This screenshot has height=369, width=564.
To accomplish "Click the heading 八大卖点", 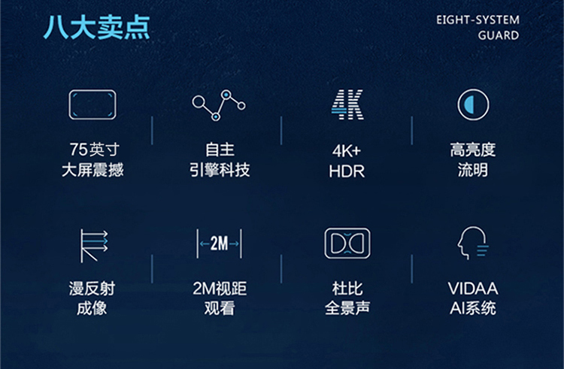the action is [x=96, y=27].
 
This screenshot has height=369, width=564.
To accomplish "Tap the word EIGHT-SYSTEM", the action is [x=478, y=20].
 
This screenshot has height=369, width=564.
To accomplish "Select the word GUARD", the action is [x=499, y=35].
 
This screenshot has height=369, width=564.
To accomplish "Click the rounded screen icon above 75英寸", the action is [x=92, y=104].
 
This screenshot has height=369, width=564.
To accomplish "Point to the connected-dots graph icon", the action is [x=218, y=105].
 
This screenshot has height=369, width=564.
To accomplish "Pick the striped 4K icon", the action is [x=347, y=104].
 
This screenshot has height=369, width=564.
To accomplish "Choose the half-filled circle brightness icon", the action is [x=473, y=104].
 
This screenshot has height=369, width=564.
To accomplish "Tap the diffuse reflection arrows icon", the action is [x=93, y=246].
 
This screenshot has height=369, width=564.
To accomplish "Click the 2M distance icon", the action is [x=219, y=243].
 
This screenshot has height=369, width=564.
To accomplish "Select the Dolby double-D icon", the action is [x=347, y=243].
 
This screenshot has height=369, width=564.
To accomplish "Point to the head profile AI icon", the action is [x=472, y=243].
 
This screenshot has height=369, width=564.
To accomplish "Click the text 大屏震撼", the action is [x=92, y=170].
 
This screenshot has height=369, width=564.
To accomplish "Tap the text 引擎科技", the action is [x=220, y=170].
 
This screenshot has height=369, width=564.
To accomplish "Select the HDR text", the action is [x=347, y=171].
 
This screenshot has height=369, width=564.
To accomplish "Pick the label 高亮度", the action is [x=473, y=150].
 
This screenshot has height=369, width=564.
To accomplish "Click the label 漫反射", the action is [x=92, y=289].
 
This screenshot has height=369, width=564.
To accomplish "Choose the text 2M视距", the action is [x=220, y=289].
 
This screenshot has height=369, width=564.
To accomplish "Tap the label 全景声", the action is [x=347, y=308].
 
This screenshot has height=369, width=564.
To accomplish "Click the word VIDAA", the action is [x=473, y=289].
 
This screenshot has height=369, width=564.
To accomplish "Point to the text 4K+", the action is [x=347, y=151].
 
